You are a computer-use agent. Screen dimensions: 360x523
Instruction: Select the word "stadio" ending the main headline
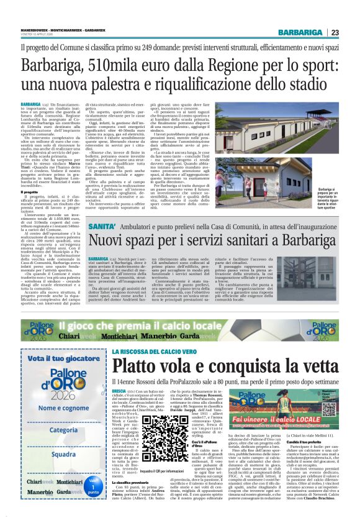pos(313,84)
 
